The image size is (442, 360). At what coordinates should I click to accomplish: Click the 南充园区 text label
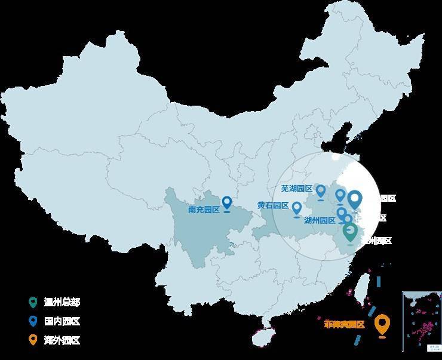(x=204, y=210)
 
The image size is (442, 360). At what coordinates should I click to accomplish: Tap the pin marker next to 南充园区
(x=227, y=203)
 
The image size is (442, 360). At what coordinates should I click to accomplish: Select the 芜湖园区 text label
(x=297, y=189)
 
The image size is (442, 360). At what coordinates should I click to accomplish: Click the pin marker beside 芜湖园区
(x=321, y=190)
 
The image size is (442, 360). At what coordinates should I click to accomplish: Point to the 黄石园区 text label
(x=273, y=205)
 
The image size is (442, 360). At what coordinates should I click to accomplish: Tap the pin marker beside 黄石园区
(x=296, y=209)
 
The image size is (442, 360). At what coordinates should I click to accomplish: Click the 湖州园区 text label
(x=320, y=220)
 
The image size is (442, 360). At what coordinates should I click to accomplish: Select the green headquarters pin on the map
(x=351, y=232)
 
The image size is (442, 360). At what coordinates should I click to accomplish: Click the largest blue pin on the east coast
(x=355, y=198)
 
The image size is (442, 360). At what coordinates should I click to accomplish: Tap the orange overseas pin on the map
(x=382, y=324)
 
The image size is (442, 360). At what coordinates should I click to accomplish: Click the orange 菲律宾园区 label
(x=344, y=324)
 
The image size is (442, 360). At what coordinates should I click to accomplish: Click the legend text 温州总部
(x=62, y=302)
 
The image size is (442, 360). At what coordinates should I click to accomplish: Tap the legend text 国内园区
(x=62, y=321)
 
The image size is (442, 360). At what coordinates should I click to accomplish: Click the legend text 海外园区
(x=62, y=340)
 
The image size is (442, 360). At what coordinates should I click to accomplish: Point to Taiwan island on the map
(x=361, y=293)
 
